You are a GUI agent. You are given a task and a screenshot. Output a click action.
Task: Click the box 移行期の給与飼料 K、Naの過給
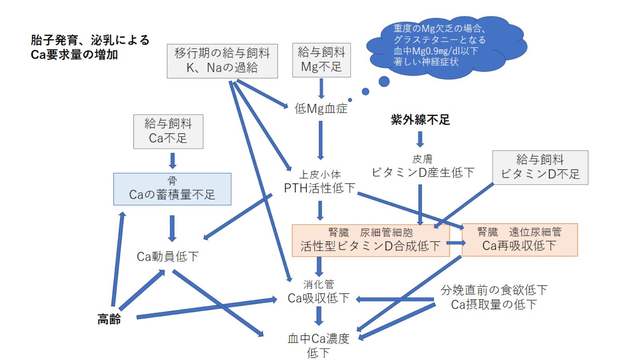(x=222, y=61)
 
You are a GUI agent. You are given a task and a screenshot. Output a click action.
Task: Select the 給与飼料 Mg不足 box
(x=321, y=60)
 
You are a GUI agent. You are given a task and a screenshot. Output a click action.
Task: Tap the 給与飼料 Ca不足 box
(x=168, y=132)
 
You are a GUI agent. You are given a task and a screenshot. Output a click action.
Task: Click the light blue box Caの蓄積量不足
(x=172, y=189)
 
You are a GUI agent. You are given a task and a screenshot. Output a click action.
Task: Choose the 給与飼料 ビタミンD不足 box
(x=540, y=168)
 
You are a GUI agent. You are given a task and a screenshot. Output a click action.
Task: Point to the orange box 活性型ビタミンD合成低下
(x=370, y=240)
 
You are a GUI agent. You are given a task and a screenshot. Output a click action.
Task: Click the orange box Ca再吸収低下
(x=519, y=240)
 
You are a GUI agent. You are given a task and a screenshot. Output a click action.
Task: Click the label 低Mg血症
(x=321, y=108)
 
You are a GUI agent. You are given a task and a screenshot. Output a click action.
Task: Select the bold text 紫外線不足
(x=420, y=120)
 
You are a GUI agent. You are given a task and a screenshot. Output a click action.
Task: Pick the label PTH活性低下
(x=320, y=188)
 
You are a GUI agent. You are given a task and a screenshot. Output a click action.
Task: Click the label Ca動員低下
(x=168, y=256)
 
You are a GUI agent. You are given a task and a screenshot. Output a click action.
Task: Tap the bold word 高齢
(x=109, y=319)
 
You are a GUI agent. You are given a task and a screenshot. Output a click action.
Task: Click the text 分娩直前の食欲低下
(x=494, y=290)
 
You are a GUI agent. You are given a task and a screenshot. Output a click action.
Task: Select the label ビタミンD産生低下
(x=423, y=172)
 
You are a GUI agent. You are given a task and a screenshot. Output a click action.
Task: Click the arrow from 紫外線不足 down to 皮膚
(x=420, y=139)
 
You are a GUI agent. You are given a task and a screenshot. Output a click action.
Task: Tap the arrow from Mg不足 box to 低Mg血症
(x=321, y=88)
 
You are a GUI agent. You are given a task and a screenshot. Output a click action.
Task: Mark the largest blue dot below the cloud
(x=384, y=82)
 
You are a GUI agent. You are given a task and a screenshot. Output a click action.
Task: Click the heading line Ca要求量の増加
(x=74, y=54)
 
